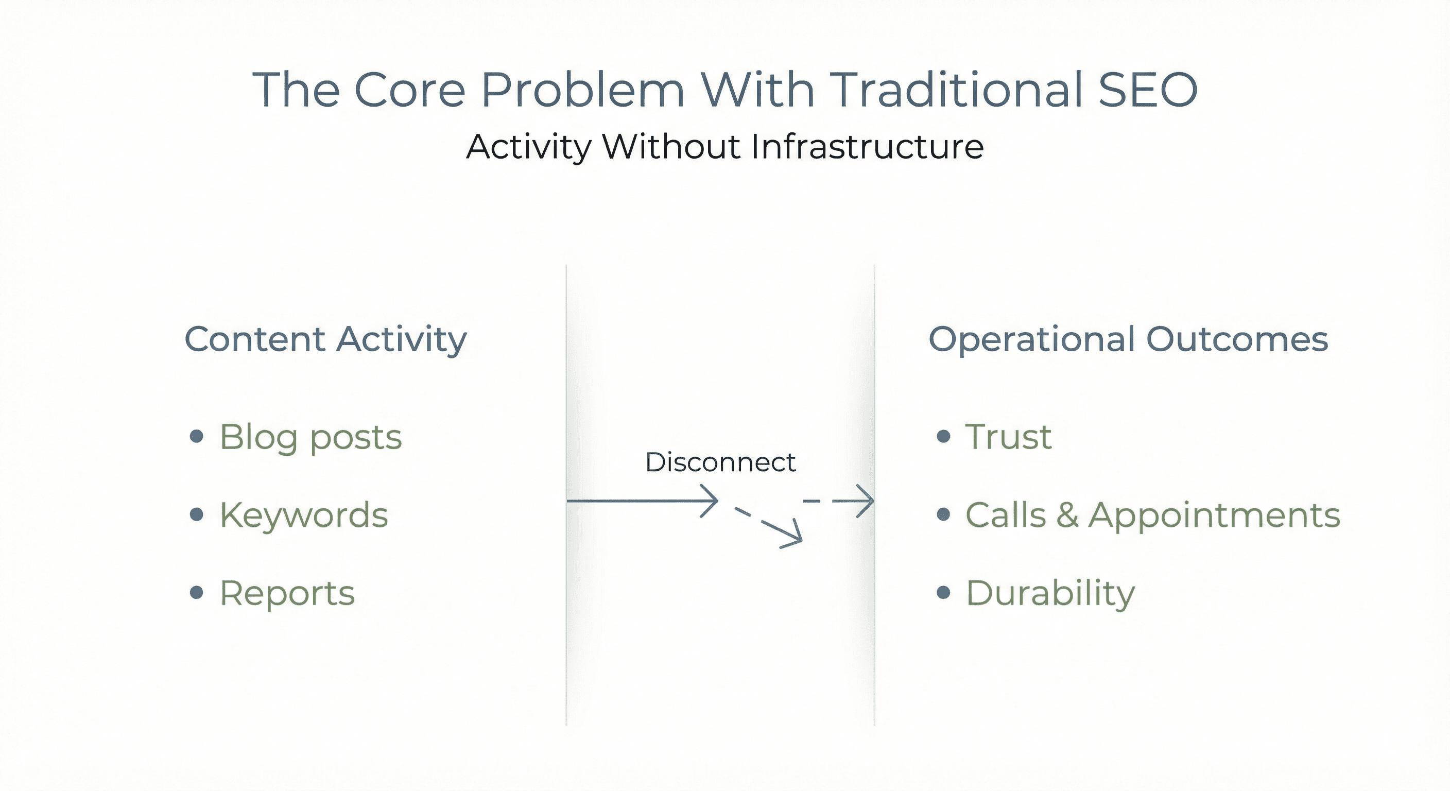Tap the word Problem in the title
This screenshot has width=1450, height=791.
pyautogui.click(x=582, y=90)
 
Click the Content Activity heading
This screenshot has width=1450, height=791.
pyautogui.click(x=325, y=339)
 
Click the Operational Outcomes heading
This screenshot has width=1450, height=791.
pyautogui.click(x=1128, y=339)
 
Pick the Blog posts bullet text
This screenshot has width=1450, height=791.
pyautogui.click(x=310, y=437)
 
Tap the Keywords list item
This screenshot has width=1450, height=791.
pyautogui.click(x=304, y=515)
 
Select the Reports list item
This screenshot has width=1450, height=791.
pyautogui.click(x=287, y=593)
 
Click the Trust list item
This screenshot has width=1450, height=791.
pyautogui.click(x=1008, y=437)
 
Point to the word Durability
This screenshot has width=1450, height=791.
pyautogui.click(x=1050, y=593)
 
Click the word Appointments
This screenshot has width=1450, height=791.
pyautogui.click(x=1214, y=515)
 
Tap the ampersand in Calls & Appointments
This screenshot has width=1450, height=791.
pyautogui.click(x=1067, y=515)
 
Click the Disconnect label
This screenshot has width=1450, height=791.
pyautogui.click(x=720, y=462)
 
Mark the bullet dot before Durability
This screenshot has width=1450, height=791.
pyautogui.click(x=943, y=592)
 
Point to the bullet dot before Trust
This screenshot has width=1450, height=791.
pyautogui.click(x=943, y=436)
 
